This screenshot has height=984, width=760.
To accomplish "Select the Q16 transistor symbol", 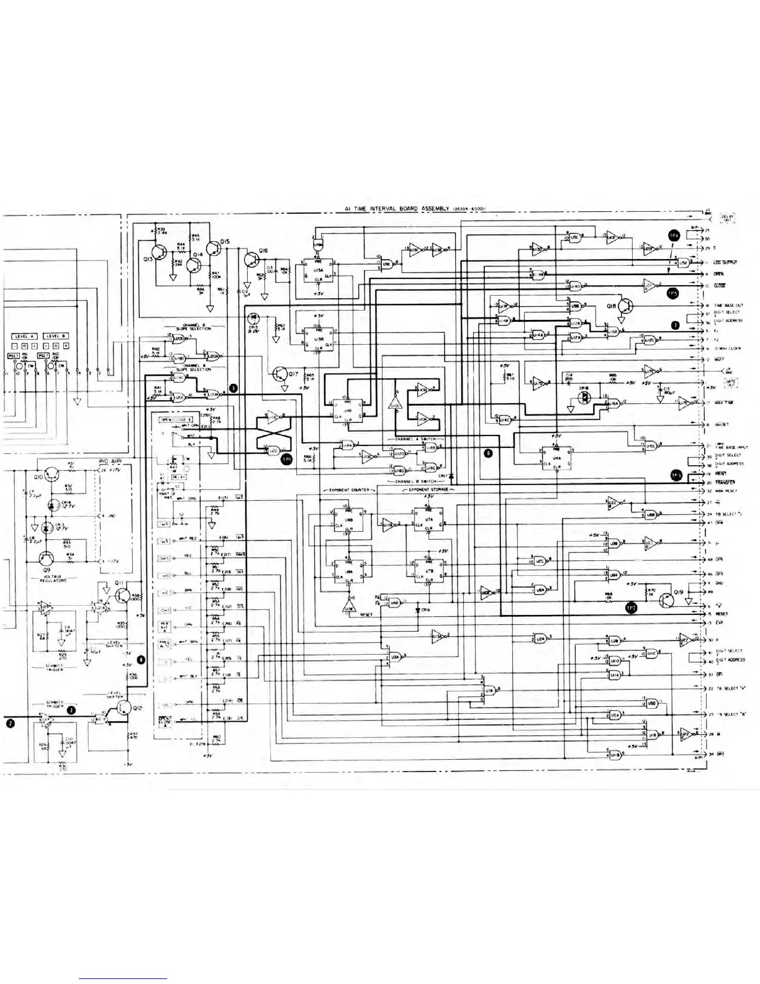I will (x=251, y=258).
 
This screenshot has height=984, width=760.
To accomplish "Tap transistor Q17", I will (x=279, y=375).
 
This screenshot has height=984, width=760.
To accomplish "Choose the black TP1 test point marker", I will (x=286, y=459).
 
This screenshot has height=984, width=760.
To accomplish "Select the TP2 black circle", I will (x=631, y=608).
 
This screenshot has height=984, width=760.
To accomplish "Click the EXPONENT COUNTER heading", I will (x=347, y=490).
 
